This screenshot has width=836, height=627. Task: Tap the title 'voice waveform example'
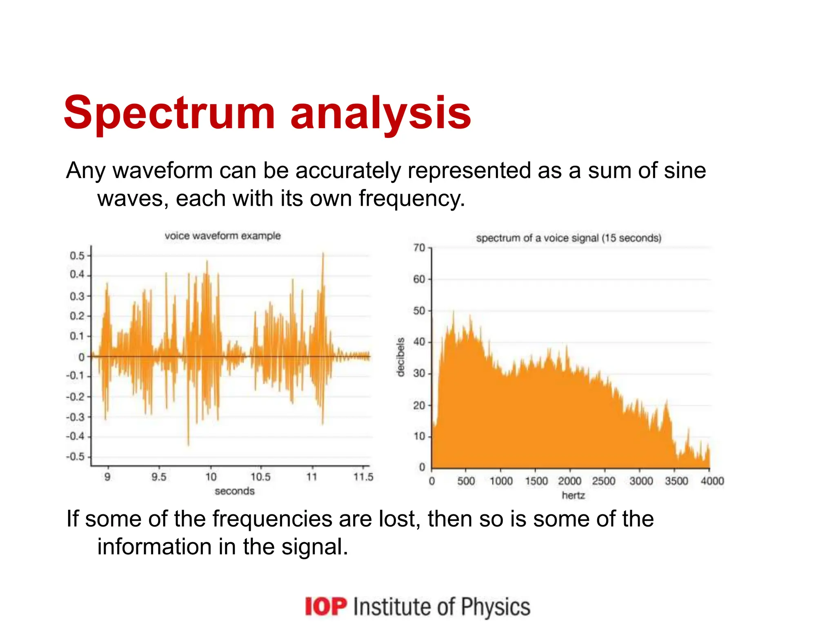click(222, 236)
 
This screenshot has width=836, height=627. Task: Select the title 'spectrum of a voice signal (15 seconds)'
click(568, 238)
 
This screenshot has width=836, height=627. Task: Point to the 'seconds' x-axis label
click(234, 491)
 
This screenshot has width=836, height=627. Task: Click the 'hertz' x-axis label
click(573, 496)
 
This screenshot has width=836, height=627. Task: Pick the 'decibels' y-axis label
click(400, 357)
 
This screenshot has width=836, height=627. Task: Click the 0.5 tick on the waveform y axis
click(77, 256)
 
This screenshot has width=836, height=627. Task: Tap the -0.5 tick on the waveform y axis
click(76, 456)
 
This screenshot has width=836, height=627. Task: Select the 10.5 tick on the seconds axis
click(260, 477)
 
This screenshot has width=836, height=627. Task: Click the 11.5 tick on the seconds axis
click(363, 477)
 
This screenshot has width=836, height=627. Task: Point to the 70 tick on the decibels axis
click(419, 248)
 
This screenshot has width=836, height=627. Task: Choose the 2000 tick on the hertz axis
click(569, 481)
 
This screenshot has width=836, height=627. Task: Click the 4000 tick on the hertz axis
click(712, 481)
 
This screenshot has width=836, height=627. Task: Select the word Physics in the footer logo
click(496, 607)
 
